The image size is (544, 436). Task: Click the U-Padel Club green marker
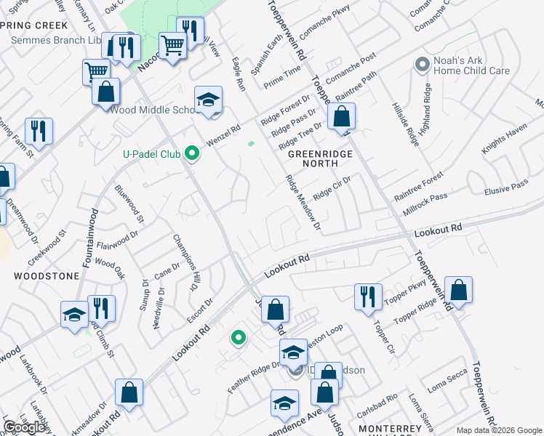click(192, 153)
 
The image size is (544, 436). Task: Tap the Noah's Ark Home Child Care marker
click(421, 65)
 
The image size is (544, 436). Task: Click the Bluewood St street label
click(129, 203)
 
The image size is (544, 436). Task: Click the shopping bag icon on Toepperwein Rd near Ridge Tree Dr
click(341, 116)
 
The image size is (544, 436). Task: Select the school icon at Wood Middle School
click(208, 100)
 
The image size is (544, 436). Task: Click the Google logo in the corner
click(25, 427)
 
